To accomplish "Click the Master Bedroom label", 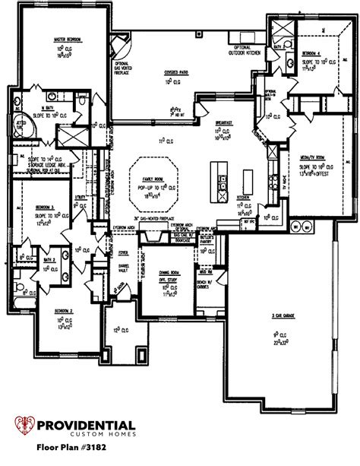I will [68, 38].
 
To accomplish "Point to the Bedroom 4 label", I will [311, 53].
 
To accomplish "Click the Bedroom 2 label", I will [63, 312].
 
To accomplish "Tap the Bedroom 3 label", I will [43, 206].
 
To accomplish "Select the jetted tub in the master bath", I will [21, 123].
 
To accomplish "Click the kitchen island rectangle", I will [247, 181].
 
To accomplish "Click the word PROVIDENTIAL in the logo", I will [87, 426].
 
